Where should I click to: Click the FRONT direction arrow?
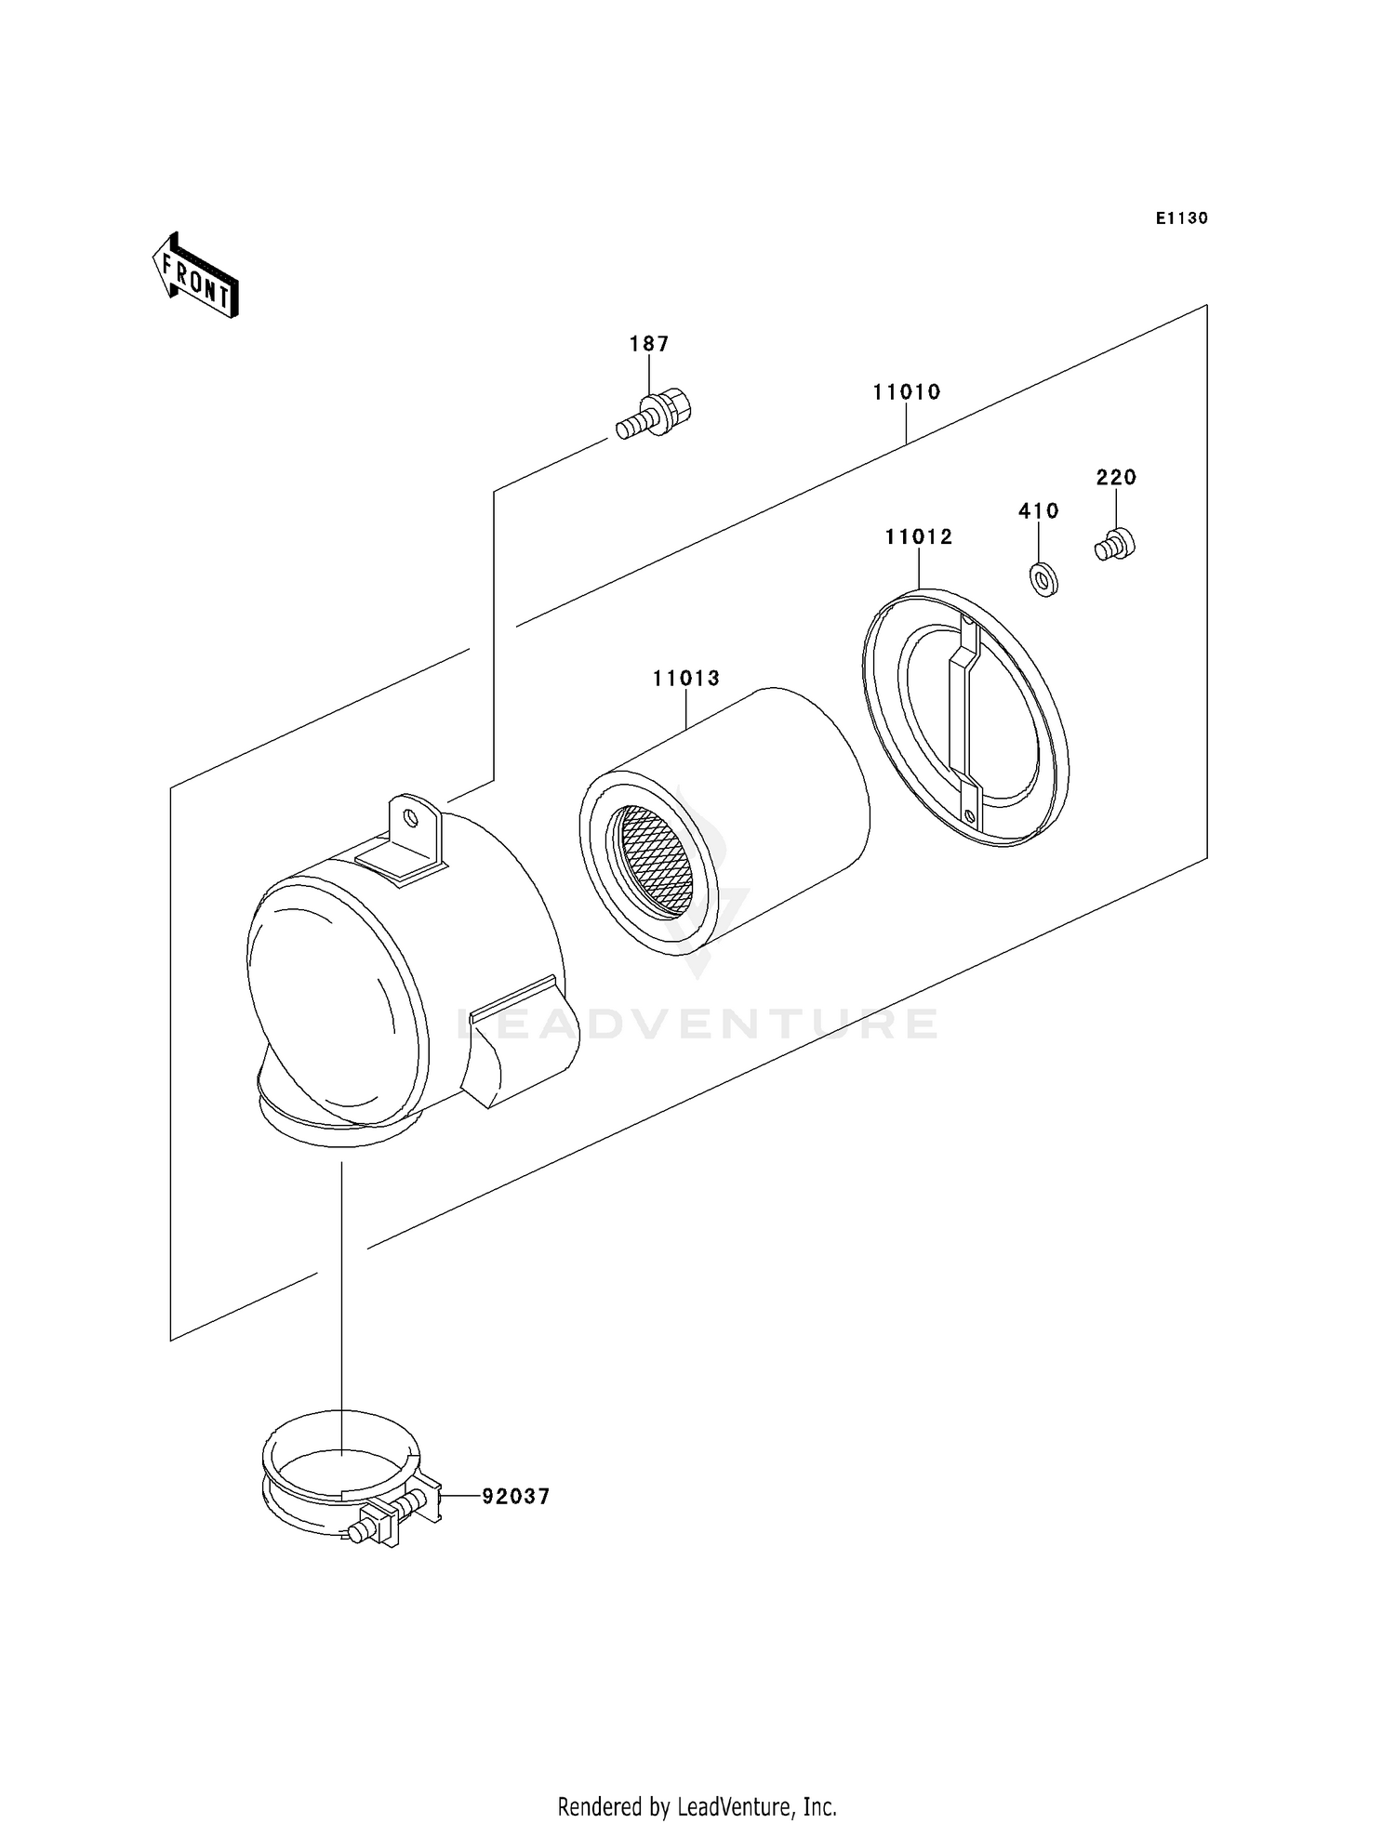tap(196, 277)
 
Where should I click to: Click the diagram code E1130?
tap(1181, 218)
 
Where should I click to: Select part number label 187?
tap(649, 344)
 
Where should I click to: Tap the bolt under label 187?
tap(657, 415)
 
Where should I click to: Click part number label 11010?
tap(906, 392)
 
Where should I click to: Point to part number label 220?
tap(1116, 478)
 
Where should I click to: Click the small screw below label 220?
tap(1115, 545)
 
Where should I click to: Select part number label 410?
tap(1039, 511)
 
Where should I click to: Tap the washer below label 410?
tap(1045, 580)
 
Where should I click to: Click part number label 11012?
tap(918, 537)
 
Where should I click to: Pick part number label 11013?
tap(686, 679)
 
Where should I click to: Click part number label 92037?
tap(515, 1497)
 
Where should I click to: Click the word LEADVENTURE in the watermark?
tap(697, 1024)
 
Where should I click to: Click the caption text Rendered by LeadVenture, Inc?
tap(697, 1806)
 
